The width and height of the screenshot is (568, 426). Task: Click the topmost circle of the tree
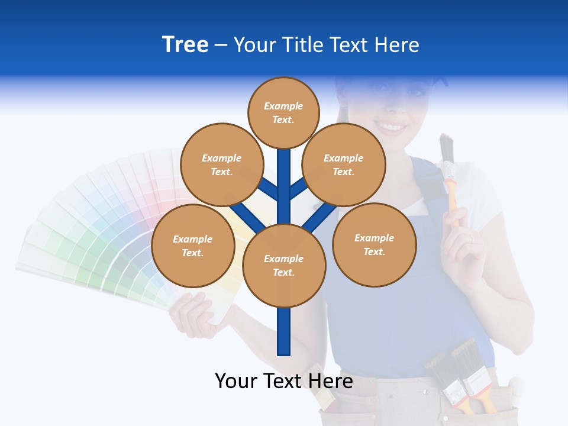(283, 112)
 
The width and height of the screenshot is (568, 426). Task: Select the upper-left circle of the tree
(221, 164)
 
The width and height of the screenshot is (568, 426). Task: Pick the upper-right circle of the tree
(344, 164)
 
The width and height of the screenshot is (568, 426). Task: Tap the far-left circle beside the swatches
(193, 246)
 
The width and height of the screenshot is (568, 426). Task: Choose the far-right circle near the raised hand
(375, 244)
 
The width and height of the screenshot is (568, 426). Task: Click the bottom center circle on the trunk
(284, 265)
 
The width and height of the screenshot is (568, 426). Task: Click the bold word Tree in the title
(185, 45)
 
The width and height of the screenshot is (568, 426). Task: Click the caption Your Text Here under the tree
(284, 380)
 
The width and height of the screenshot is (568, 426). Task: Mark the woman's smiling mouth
(390, 127)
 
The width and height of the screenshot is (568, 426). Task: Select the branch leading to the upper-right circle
(299, 188)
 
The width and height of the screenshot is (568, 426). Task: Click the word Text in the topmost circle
(283, 120)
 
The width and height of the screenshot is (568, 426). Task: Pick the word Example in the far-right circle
(374, 238)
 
